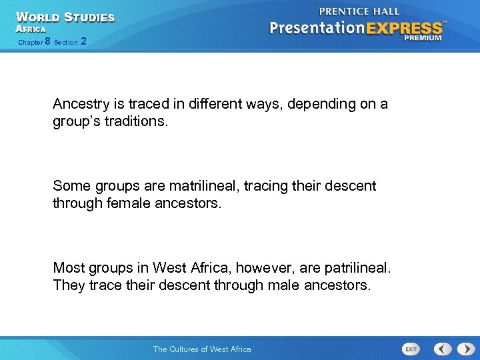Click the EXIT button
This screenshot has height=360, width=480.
pyautogui.click(x=411, y=349)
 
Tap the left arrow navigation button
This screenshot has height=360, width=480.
pyautogui.click(x=443, y=349)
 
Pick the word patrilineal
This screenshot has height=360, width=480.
pyautogui.click(x=357, y=267)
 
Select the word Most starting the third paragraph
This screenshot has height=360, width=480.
pyautogui.click(x=68, y=267)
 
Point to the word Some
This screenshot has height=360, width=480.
pyautogui.click(x=70, y=186)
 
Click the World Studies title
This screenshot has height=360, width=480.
pyautogui.click(x=65, y=17)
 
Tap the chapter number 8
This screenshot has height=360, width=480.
pyautogui.click(x=47, y=41)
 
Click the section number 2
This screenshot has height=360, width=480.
pyautogui.click(x=83, y=41)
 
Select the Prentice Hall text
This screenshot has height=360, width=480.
pyautogui.click(x=359, y=11)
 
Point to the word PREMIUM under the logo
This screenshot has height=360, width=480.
pyautogui.click(x=423, y=39)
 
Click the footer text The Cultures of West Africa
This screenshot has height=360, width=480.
pyautogui.click(x=202, y=349)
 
